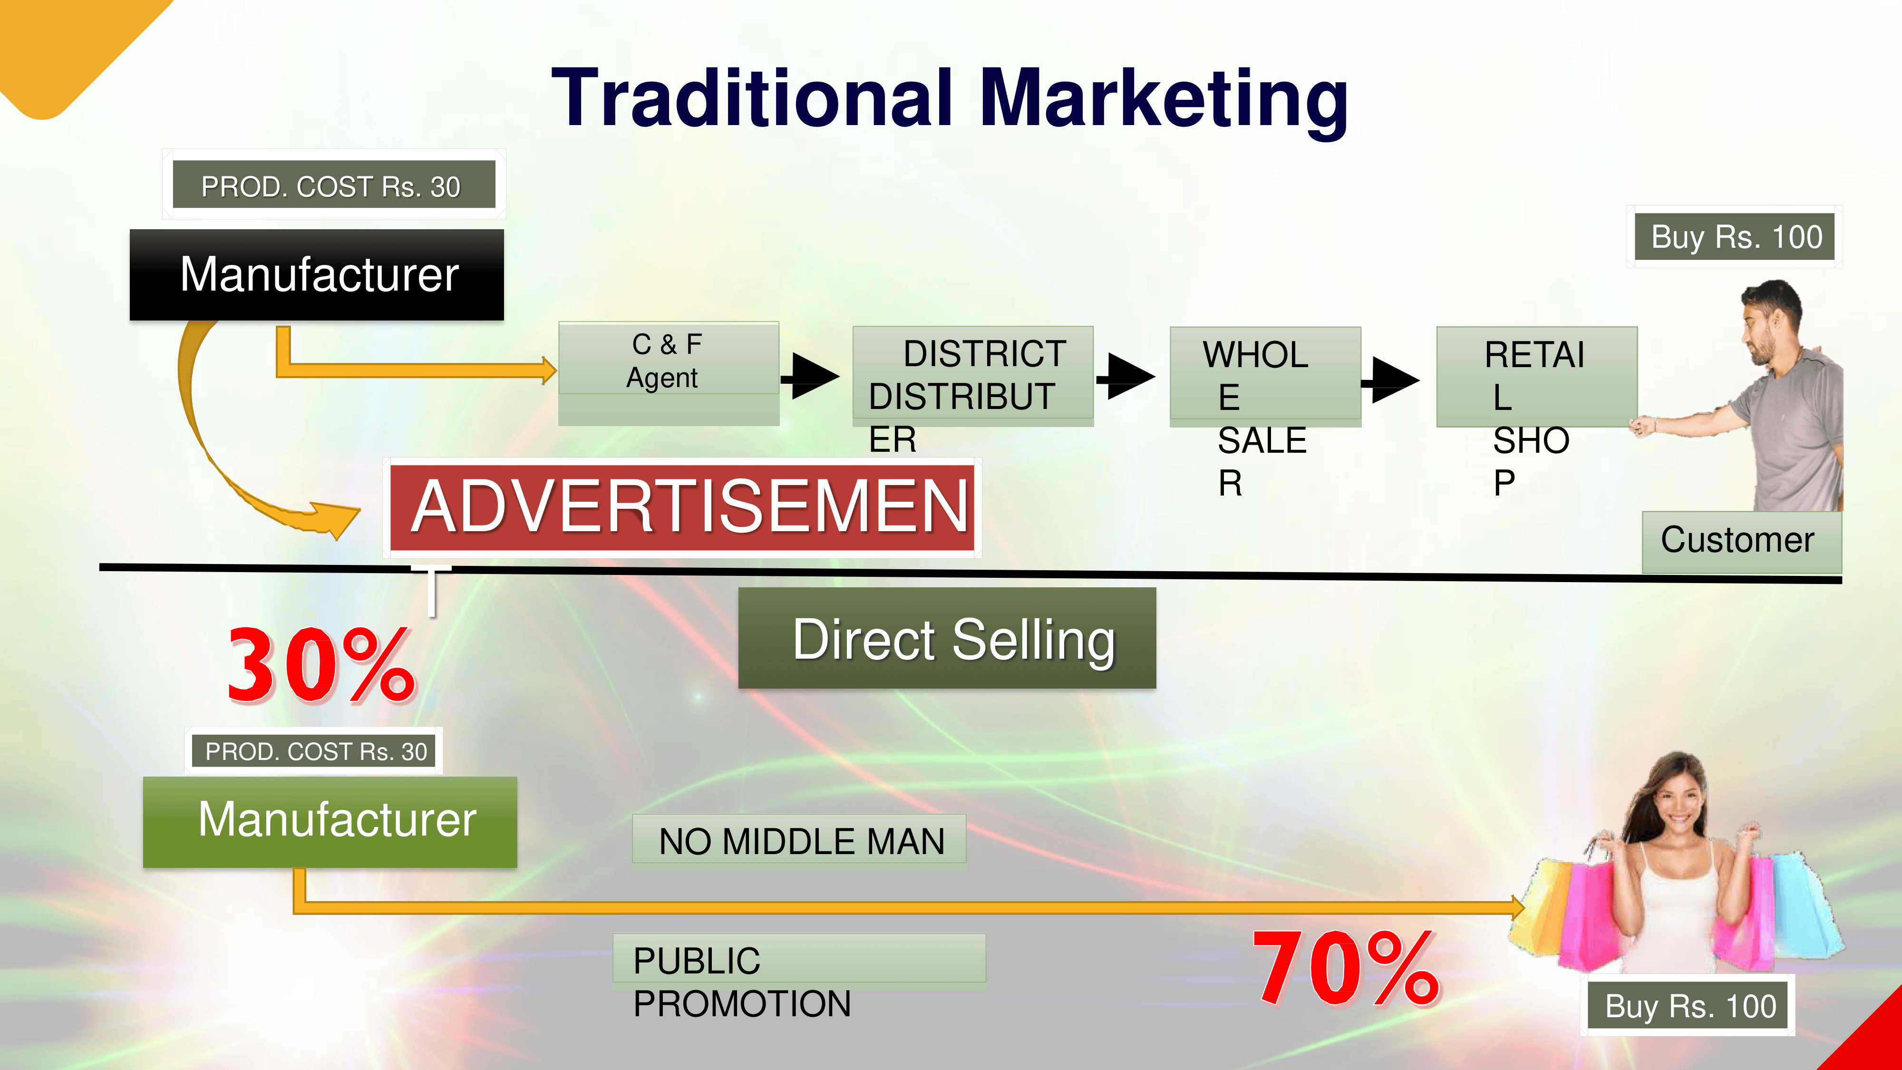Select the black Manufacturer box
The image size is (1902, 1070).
tap(317, 275)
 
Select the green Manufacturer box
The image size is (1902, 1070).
tap(330, 821)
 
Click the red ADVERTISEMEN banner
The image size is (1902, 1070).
tap(682, 506)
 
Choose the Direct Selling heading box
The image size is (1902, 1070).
tap(947, 639)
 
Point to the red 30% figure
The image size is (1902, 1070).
tap(321, 665)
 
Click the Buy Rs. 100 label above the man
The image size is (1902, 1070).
tap(1735, 237)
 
